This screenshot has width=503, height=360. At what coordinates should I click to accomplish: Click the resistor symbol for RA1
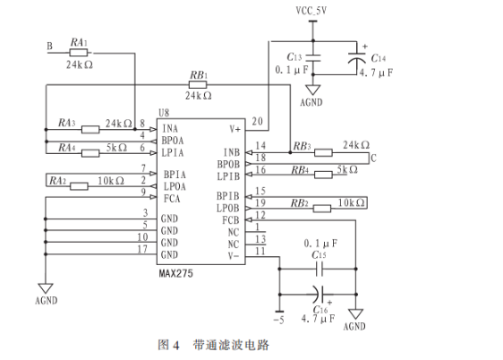(x=78, y=53)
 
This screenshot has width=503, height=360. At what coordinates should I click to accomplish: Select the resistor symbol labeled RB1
(x=198, y=85)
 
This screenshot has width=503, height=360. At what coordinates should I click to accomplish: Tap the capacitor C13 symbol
(x=313, y=57)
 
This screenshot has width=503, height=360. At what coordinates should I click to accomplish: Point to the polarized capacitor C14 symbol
(x=357, y=57)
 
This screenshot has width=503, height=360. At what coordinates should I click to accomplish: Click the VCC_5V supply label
(x=311, y=11)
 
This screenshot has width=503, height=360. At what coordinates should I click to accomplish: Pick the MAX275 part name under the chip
(x=176, y=273)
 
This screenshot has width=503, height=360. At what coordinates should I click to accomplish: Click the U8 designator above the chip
(x=164, y=113)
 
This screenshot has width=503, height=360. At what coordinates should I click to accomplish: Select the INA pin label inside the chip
(x=170, y=129)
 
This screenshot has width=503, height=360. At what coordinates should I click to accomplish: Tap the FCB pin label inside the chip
(x=231, y=220)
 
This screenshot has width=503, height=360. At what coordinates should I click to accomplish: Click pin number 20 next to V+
(x=257, y=121)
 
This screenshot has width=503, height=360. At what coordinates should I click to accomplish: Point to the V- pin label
(x=234, y=256)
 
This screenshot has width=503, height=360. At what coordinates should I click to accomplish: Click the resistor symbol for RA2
(x=79, y=186)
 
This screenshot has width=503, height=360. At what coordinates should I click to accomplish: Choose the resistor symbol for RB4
(x=323, y=175)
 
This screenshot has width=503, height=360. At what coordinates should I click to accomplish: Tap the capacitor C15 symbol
(x=320, y=269)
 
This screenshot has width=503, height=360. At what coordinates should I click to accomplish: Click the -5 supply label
(x=278, y=320)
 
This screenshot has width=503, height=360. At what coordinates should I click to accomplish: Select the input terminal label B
(x=50, y=47)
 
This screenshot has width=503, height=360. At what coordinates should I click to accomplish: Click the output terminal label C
(x=373, y=159)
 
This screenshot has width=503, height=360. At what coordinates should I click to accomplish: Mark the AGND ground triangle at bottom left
(x=46, y=288)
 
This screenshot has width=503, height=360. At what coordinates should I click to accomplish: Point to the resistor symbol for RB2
(x=321, y=209)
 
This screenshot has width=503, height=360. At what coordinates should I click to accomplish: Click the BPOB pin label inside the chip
(x=228, y=164)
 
